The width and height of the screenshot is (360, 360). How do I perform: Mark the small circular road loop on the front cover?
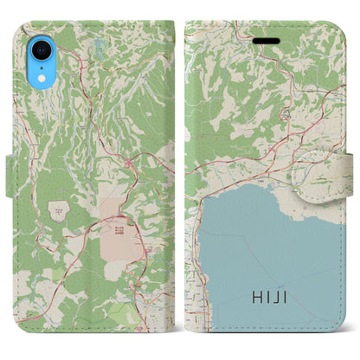coord(285,113)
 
